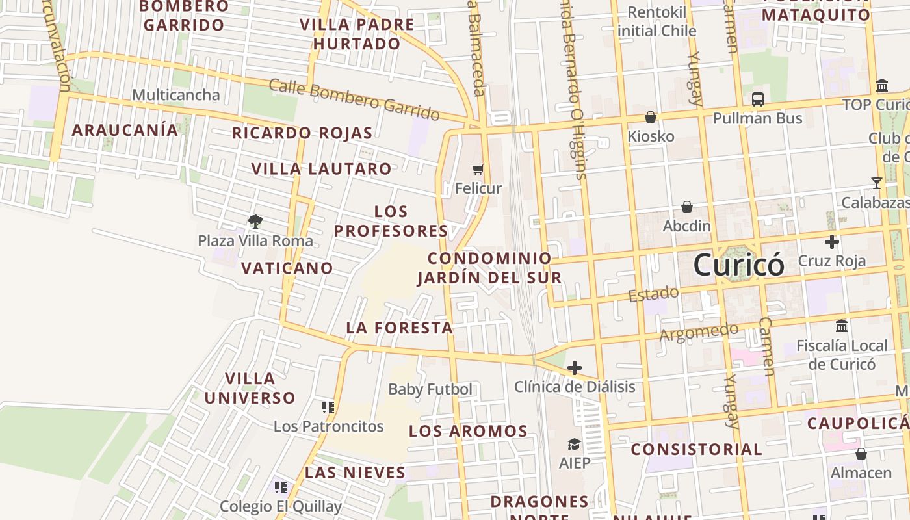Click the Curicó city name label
click(738, 265)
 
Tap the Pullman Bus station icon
click(757, 99)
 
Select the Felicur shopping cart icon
click(478, 170)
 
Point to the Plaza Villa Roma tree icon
click(255, 221)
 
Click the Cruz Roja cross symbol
click(831, 242)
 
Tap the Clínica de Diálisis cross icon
click(574, 368)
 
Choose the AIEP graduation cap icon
click(574, 444)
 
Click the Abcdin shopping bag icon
click(686, 207)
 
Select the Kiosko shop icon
click(650, 117)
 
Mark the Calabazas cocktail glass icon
click(876, 183)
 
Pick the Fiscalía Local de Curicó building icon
click(842, 326)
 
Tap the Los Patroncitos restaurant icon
click(328, 408)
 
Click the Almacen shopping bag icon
click(861, 453)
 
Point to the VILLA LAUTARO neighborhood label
click(322, 169)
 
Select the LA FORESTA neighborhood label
click(399, 328)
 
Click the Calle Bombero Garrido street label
click(354, 99)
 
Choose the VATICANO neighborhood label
click(287, 268)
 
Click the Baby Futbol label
click(430, 389)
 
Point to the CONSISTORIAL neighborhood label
click(696, 449)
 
